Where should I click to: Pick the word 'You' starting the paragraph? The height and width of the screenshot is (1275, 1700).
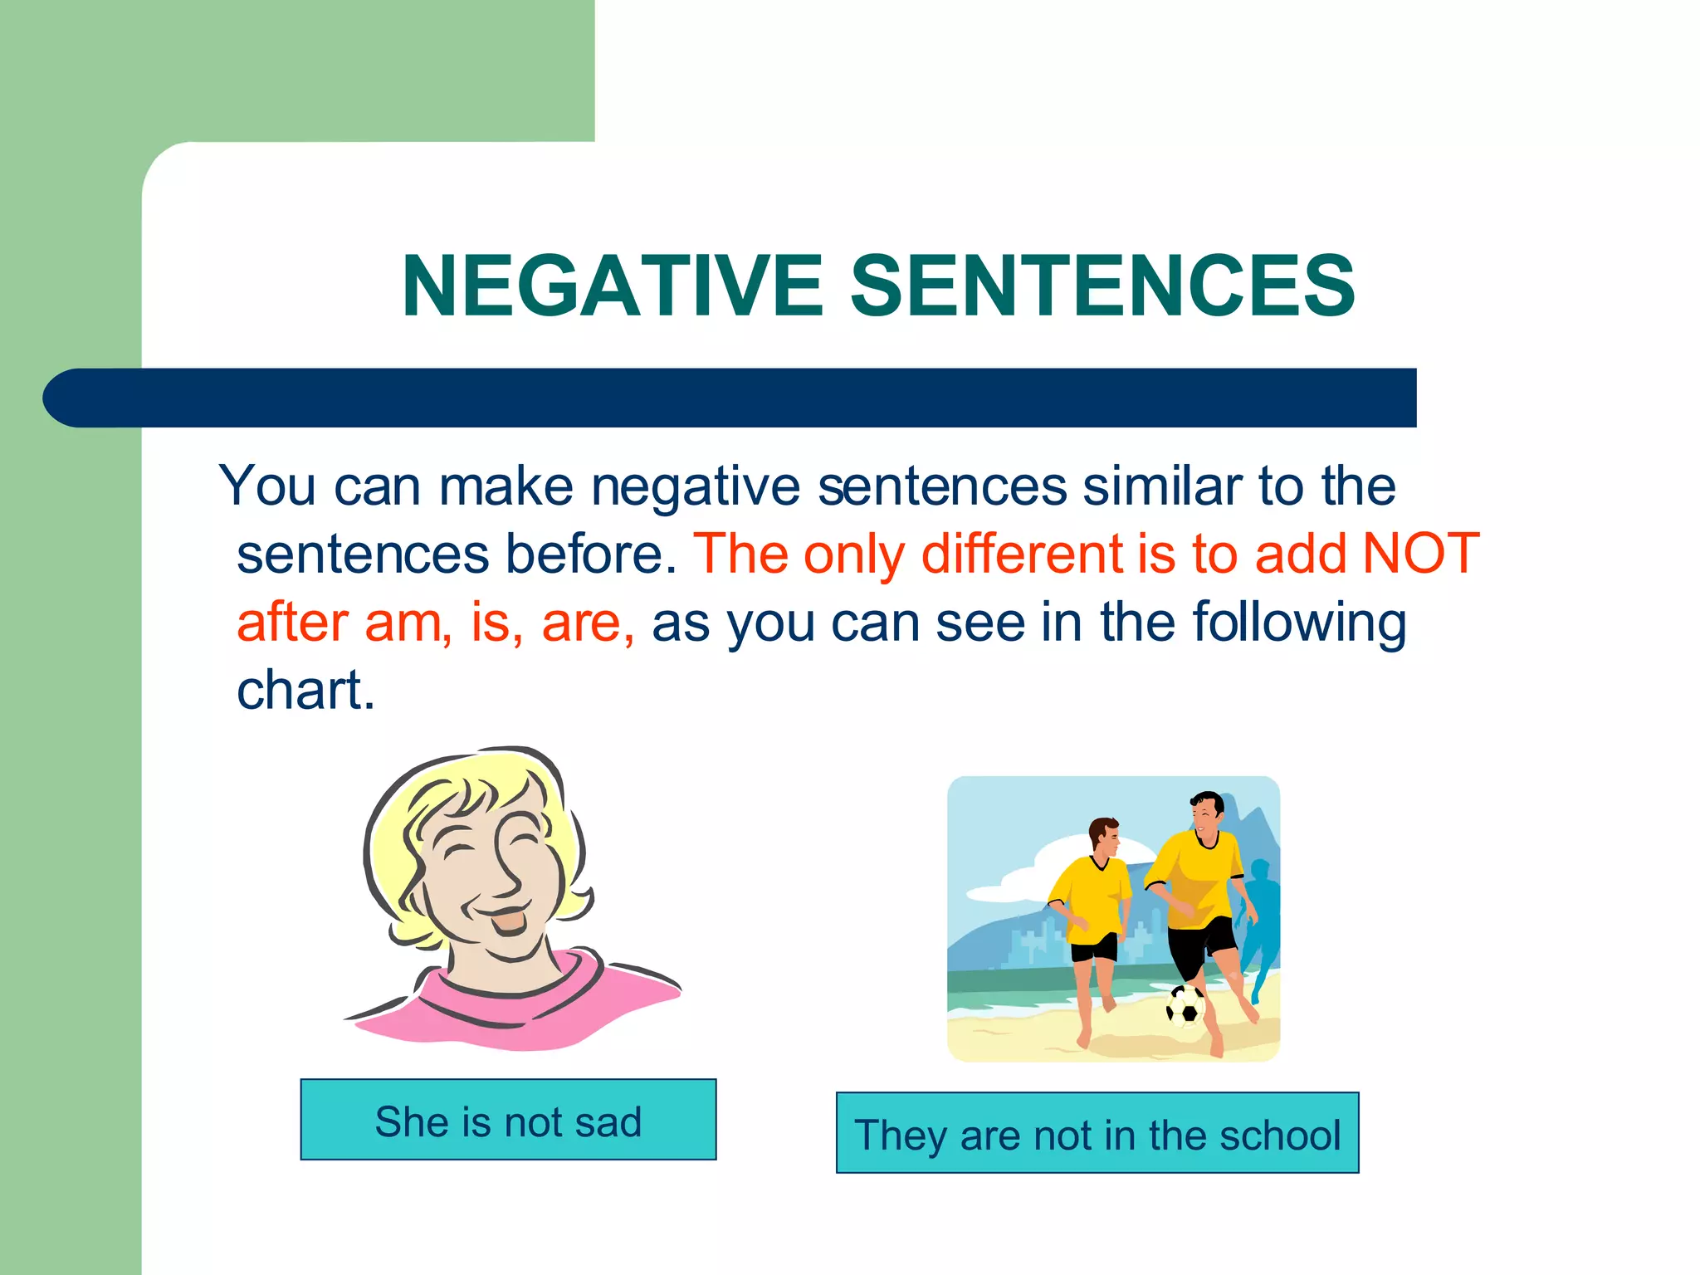[x=267, y=485]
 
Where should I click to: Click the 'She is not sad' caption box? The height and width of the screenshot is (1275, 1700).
[x=508, y=1120]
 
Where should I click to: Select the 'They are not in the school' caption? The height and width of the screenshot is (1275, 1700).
[x=1097, y=1133]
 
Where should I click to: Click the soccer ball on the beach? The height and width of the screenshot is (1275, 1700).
[x=1185, y=1006]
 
